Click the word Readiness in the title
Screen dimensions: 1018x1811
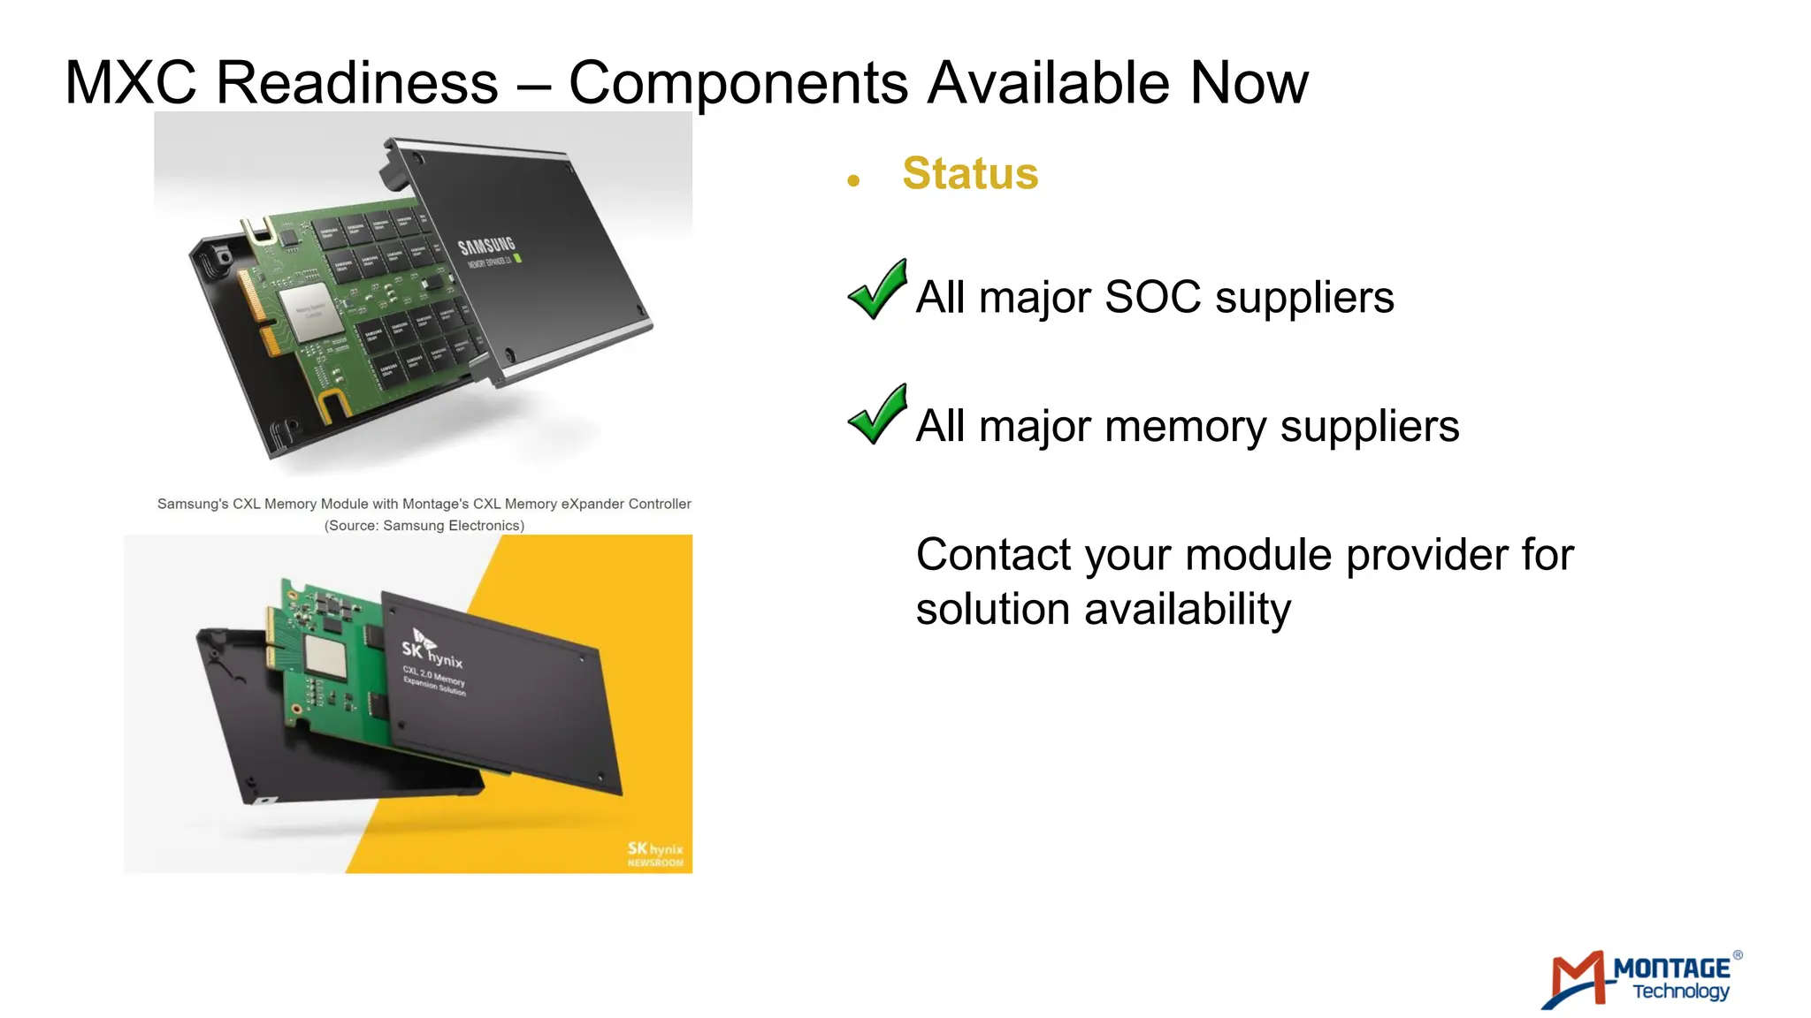tap(356, 83)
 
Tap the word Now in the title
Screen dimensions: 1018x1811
tap(1249, 83)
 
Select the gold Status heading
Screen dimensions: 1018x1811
tap(970, 173)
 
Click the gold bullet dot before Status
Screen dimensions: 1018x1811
tap(853, 181)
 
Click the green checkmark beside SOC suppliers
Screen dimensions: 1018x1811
tap(877, 290)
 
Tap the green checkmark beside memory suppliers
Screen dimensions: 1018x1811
tap(877, 415)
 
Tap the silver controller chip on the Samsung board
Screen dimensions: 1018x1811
tap(310, 314)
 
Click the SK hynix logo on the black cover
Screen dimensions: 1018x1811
tap(431, 650)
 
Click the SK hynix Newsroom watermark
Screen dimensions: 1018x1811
tap(655, 855)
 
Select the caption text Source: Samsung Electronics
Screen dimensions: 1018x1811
tap(424, 526)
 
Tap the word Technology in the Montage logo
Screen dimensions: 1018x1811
tap(1680, 991)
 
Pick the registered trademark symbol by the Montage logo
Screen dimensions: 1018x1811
tap(1738, 955)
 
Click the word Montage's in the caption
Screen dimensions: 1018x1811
tap(435, 504)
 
